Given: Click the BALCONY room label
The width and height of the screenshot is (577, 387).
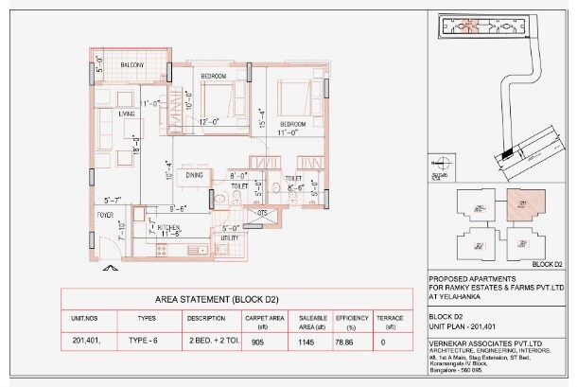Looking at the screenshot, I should (x=131, y=64).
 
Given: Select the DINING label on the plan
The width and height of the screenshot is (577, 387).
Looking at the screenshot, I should (x=194, y=175).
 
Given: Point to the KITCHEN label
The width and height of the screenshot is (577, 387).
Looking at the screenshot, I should (x=168, y=227).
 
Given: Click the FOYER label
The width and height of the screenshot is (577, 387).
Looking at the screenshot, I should (x=105, y=215).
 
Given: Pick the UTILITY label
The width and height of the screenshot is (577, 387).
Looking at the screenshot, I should (x=230, y=237).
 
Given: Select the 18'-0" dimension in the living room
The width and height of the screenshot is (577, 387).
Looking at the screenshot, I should (x=136, y=145).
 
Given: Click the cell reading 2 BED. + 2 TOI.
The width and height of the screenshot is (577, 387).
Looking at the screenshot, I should (x=213, y=338).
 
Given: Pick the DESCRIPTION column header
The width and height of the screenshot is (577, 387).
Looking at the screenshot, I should (x=205, y=318).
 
